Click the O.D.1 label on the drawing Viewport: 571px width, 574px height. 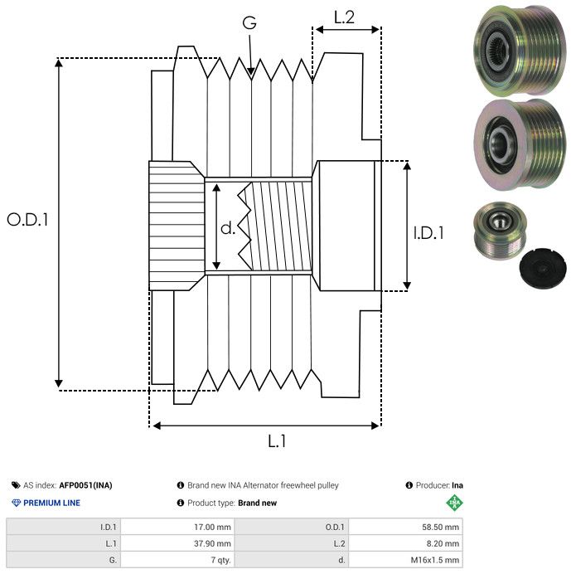coord(27,220)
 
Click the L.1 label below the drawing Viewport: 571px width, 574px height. coord(277,441)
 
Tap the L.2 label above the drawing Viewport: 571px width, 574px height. coord(344,17)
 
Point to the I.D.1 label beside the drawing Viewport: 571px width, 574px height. coord(428,233)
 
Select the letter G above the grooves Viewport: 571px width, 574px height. coord(249,22)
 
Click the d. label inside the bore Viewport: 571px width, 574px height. coord(228,228)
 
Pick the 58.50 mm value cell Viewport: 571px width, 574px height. coord(405,528)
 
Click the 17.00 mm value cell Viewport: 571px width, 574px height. coord(177,528)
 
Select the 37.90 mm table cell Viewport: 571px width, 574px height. coord(177,543)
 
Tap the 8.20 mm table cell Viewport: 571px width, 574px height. coord(405,543)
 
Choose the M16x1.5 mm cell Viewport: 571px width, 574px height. coord(405,560)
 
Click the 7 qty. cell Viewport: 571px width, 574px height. coord(177,560)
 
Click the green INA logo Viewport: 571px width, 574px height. coord(454,503)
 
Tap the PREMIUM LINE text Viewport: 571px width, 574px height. coord(51,503)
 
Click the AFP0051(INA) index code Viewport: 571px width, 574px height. coord(85,485)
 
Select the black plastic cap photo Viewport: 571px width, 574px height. coord(543,270)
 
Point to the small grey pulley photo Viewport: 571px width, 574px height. coord(500,230)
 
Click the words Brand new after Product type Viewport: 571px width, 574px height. coord(257,503)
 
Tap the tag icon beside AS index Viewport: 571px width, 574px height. coord(16,485)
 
